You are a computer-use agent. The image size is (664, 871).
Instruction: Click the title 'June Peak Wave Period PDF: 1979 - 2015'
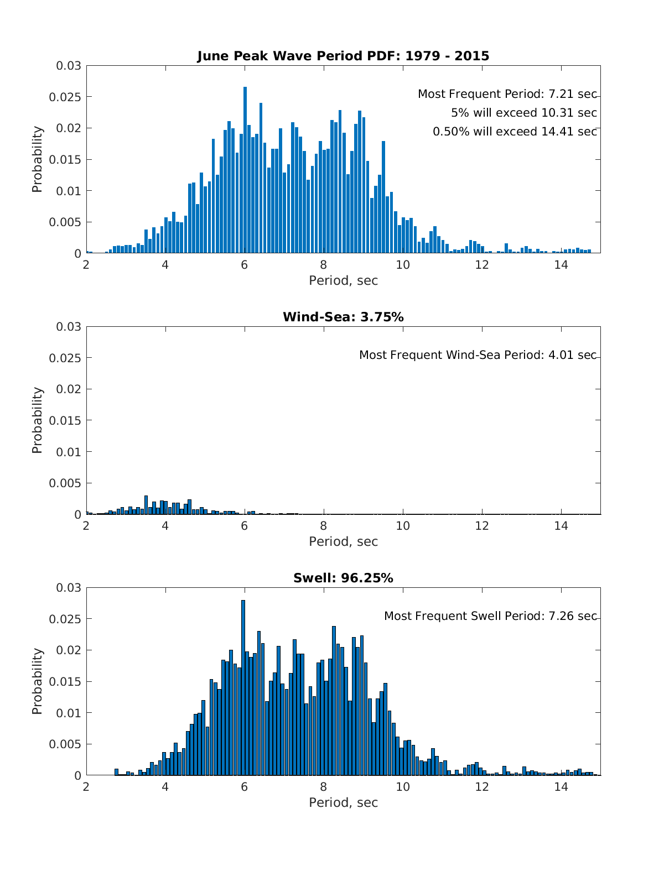(343, 56)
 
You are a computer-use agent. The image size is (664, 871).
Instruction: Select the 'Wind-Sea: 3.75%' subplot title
(343, 317)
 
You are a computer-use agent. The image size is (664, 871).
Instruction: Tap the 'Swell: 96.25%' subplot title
(343, 578)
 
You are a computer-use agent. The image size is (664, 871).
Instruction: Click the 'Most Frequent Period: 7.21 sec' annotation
(507, 94)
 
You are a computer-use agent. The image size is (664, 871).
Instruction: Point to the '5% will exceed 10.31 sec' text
(523, 113)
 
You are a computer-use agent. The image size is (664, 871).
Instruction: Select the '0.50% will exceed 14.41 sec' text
(515, 132)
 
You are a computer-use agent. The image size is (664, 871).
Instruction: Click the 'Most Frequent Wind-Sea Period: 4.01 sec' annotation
(478, 355)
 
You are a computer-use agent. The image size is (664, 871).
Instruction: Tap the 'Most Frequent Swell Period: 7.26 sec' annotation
(490, 616)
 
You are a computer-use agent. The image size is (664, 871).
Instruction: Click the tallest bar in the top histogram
(245, 171)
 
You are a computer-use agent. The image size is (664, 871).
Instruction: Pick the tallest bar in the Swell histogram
(243, 689)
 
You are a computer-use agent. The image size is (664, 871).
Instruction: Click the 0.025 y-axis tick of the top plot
(69, 97)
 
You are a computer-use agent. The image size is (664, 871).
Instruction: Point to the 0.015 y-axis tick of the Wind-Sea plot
(69, 421)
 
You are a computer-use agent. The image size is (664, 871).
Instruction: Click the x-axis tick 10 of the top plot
(403, 264)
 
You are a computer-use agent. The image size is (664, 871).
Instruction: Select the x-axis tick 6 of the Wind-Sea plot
(244, 525)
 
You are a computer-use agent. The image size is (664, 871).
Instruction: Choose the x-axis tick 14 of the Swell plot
(561, 786)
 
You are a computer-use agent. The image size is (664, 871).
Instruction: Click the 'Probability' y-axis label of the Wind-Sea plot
(37, 420)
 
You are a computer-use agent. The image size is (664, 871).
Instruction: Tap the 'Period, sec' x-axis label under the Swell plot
(343, 802)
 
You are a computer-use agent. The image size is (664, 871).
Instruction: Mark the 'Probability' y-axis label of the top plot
(37, 159)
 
